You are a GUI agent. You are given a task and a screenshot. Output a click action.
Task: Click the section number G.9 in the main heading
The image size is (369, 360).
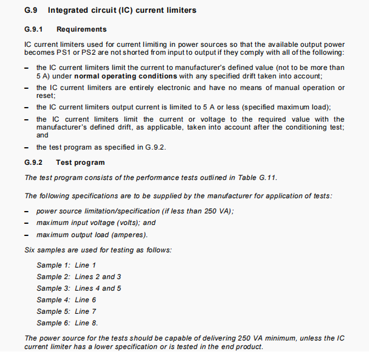pos(31,11)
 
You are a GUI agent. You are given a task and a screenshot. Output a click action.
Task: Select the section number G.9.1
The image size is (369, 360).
pos(34,29)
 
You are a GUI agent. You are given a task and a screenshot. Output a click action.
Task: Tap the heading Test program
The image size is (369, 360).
pos(80,162)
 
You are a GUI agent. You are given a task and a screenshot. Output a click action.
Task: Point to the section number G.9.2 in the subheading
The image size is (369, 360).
pos(34,162)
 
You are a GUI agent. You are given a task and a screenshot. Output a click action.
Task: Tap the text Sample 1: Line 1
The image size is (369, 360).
pos(66,265)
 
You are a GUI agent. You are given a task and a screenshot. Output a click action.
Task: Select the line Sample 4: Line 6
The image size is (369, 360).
pos(66,300)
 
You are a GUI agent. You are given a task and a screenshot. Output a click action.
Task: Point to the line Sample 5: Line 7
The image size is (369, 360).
pos(66,311)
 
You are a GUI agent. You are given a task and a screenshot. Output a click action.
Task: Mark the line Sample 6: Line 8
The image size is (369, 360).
pos(67,323)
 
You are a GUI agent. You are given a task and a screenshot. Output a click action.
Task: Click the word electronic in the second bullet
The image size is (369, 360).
pos(165,88)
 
